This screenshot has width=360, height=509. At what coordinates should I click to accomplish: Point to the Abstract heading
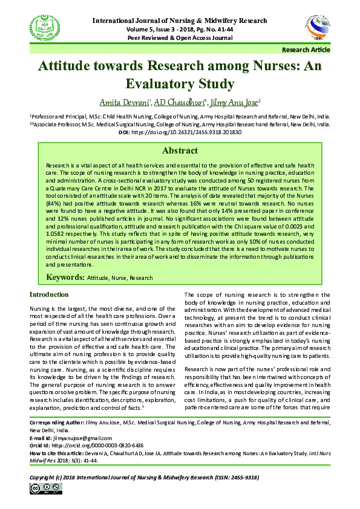(x=180, y=151)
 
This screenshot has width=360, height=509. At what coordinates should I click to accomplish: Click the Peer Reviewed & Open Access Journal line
(x=180, y=37)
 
